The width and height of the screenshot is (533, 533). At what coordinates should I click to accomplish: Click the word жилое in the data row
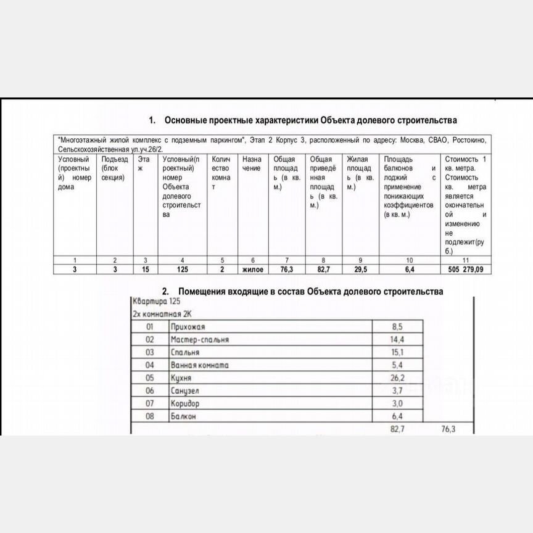coord(252,270)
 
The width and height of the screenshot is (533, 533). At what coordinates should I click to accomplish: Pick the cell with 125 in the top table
coord(181,270)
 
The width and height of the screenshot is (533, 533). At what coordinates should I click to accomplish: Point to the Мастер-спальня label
coord(200,340)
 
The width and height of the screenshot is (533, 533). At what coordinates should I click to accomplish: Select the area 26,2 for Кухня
coord(397,378)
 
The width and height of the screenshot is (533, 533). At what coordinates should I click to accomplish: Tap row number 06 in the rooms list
coord(149,391)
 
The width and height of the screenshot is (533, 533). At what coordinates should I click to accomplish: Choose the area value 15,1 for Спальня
coord(397,353)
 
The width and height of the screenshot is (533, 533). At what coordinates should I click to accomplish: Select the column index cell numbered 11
coord(466,260)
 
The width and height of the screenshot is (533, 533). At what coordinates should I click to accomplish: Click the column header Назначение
coord(252,163)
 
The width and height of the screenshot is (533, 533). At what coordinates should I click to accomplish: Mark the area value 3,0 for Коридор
coord(397,404)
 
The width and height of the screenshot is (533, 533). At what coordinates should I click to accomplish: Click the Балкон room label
coord(184,416)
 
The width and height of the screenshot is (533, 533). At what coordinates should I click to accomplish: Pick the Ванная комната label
coord(199,365)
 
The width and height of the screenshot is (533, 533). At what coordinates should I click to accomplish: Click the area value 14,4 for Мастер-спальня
coord(397,340)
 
